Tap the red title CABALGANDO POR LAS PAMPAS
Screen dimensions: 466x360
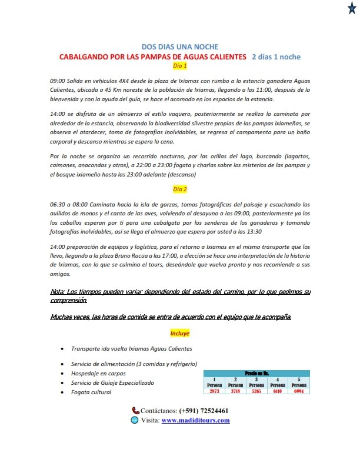tap(152, 57)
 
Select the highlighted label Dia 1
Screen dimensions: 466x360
tap(180, 66)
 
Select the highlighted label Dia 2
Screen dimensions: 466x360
tap(180, 189)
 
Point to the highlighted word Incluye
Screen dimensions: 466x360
tap(180, 333)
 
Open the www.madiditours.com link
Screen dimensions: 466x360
tap(196, 421)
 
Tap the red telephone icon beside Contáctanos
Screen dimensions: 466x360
tap(135, 411)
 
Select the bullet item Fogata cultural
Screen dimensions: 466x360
tap(91, 392)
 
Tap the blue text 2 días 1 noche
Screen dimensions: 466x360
tap(276, 57)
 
